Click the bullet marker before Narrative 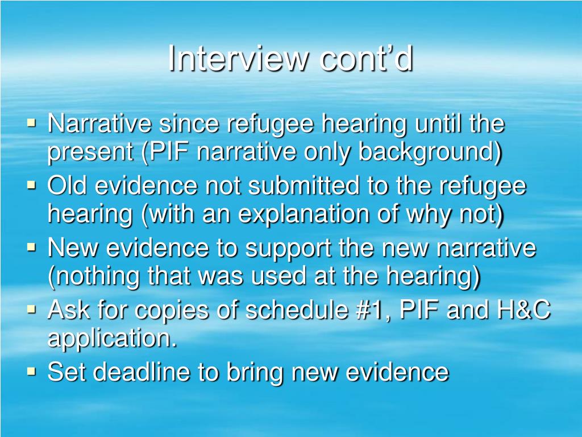click(32, 123)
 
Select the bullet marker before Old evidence click(32, 185)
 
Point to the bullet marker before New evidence click(32, 248)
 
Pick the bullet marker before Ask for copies click(32, 310)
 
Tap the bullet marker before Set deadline click(32, 373)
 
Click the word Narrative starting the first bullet click(99, 123)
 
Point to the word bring click(254, 373)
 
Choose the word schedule click(295, 311)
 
